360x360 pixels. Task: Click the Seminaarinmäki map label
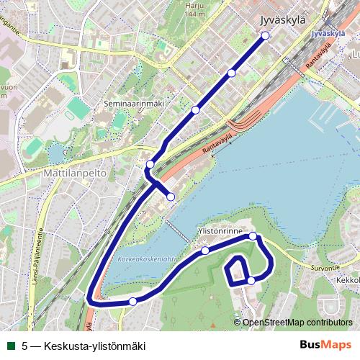coord(135,104)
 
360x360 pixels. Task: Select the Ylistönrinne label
coord(220,231)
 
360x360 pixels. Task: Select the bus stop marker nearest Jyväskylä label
coord(265,35)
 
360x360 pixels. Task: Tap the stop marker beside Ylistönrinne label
coord(253,236)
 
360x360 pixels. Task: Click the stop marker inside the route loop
coord(251,280)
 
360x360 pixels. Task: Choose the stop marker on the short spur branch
coord(171,197)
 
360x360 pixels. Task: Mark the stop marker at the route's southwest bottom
coord(132,301)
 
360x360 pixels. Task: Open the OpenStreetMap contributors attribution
coord(297,322)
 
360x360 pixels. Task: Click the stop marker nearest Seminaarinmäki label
coord(195,110)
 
